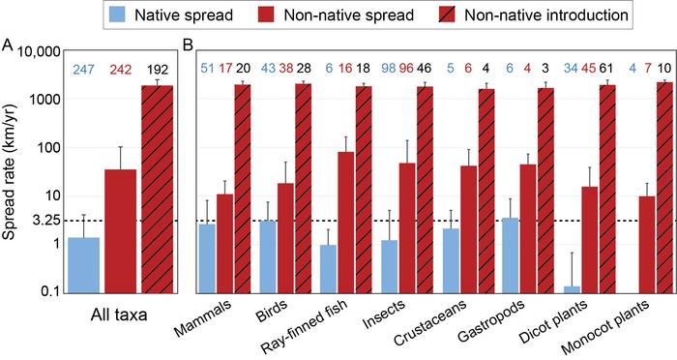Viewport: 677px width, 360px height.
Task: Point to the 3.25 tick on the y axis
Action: coord(39,220)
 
